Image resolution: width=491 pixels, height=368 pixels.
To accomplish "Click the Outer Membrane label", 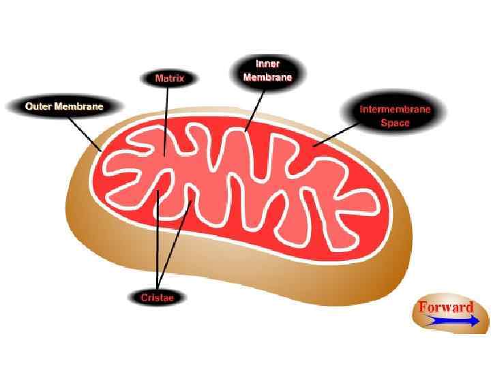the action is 64,106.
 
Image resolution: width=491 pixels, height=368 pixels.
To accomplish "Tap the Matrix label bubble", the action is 170,78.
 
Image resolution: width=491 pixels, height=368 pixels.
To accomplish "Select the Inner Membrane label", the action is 267,71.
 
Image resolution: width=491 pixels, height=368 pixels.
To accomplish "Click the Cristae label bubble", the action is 158,297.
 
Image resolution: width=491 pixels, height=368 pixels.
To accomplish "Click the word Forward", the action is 446,307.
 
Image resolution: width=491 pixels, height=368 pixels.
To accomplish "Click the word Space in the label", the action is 395,123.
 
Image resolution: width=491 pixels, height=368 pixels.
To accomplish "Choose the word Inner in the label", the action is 267,64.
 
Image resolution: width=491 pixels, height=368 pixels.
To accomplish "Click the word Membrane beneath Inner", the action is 267,77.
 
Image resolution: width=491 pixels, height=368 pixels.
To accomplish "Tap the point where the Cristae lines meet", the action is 158,285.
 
